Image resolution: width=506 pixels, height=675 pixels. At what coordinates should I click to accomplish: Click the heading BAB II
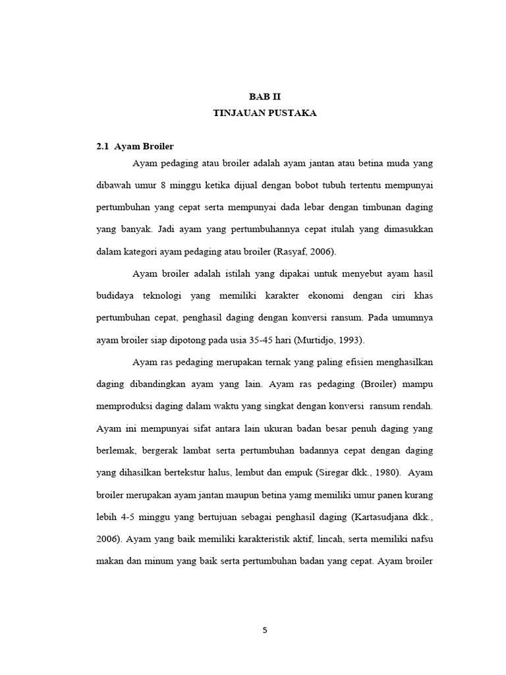(265, 96)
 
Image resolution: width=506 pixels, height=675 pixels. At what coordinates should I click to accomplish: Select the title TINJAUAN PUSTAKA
(265, 113)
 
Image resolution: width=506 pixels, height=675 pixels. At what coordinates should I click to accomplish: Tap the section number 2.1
(102, 146)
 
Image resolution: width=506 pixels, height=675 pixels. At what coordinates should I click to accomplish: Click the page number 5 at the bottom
(265, 630)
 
